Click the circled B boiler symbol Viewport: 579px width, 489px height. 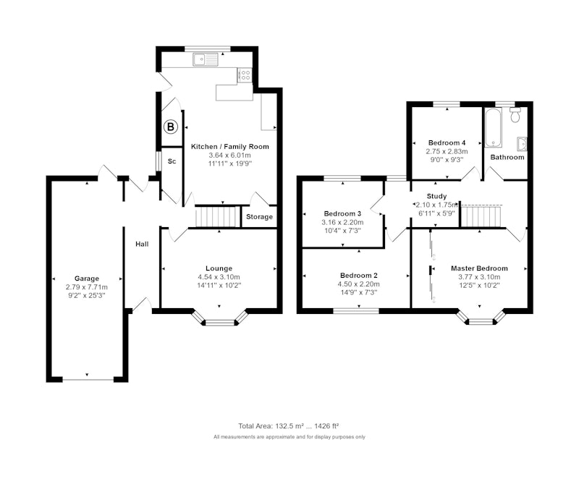(171, 127)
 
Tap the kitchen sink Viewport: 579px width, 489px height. (206, 60)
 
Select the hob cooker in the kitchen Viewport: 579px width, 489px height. (245, 75)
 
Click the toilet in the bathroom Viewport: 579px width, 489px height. (515, 115)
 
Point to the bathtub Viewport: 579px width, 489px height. (494, 127)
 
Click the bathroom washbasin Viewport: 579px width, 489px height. (522, 144)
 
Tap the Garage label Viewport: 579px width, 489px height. (87, 278)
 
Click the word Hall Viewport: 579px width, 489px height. (142, 244)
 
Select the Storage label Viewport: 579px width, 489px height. (259, 217)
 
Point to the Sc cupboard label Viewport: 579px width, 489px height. (172, 161)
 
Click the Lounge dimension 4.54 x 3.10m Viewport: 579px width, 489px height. (219, 277)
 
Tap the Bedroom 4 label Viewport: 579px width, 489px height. (447, 143)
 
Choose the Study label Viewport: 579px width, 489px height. (437, 196)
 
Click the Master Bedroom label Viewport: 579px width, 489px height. (479, 268)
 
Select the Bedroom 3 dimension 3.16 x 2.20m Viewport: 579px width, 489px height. (342, 222)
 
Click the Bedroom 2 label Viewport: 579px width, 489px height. (359, 276)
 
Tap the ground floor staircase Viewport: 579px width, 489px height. (216, 216)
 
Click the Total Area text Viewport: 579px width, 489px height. (289, 426)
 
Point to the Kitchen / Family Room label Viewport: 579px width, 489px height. (230, 147)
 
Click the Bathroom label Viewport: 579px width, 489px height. (507, 157)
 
